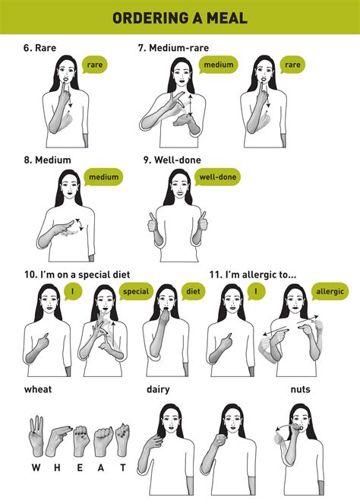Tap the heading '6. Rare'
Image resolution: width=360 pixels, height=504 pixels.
pyautogui.click(x=39, y=47)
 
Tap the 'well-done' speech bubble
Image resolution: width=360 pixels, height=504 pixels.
pyautogui.click(x=217, y=178)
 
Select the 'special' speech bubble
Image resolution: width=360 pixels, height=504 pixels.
pyautogui.click(x=137, y=291)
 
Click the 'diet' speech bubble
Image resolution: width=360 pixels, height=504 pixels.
pyautogui.click(x=193, y=291)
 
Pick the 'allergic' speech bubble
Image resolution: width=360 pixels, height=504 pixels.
pyautogui.click(x=330, y=291)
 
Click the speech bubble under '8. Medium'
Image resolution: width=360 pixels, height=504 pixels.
pyautogui.click(x=103, y=178)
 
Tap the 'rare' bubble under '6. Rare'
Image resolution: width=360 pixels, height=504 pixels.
pyautogui.click(x=95, y=65)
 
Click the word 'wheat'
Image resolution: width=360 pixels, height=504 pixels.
pyautogui.click(x=38, y=389)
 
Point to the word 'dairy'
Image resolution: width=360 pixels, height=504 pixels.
pyautogui.click(x=158, y=389)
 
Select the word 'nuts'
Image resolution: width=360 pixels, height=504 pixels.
pyautogui.click(x=300, y=389)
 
